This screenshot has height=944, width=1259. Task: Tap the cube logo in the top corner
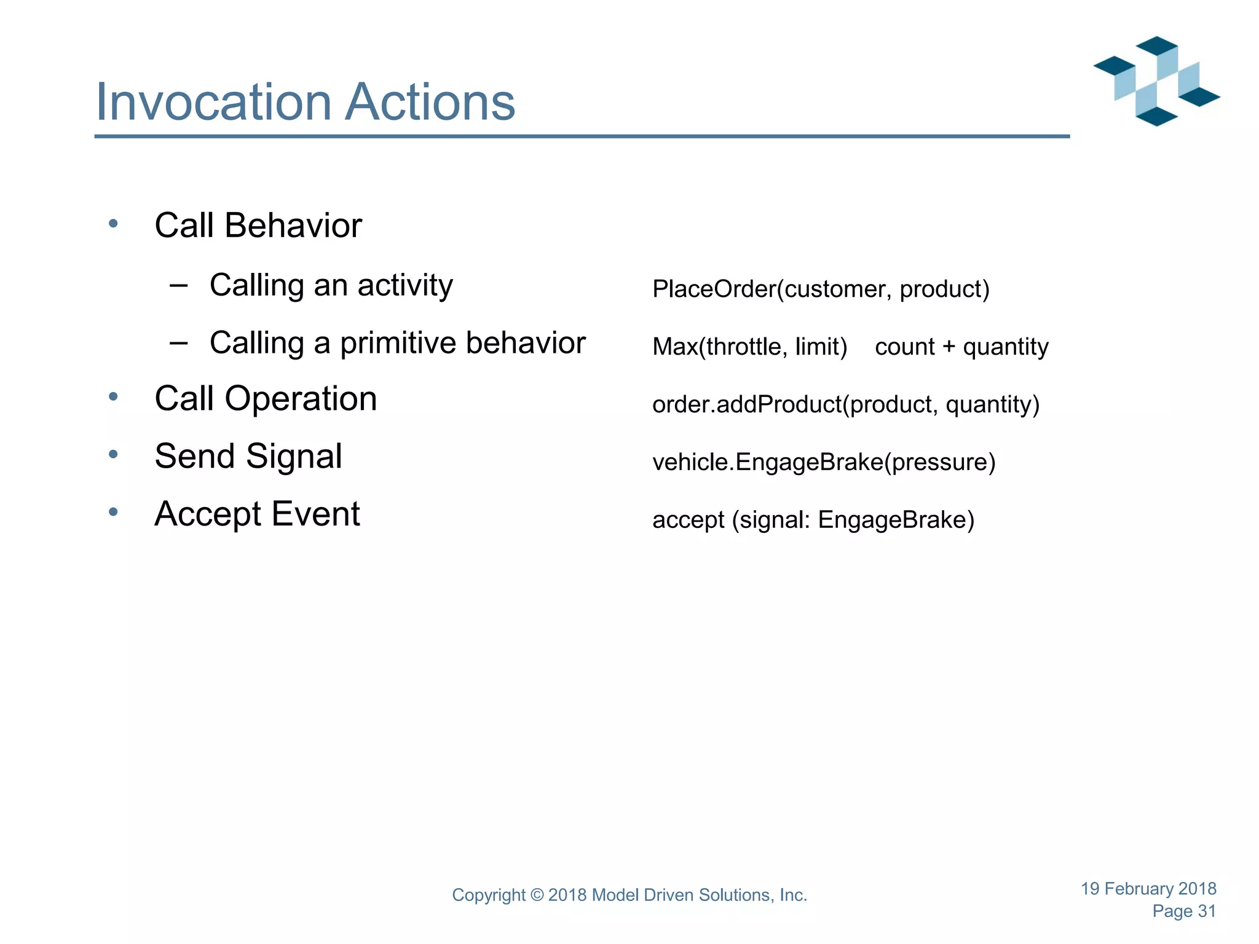(x=1156, y=81)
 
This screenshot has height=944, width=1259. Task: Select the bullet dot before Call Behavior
(x=113, y=224)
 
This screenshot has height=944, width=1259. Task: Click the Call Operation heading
(x=266, y=398)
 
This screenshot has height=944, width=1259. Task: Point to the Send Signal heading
(x=248, y=456)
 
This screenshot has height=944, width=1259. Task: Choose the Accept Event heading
(x=257, y=514)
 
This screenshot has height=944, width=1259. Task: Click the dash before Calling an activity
(x=178, y=285)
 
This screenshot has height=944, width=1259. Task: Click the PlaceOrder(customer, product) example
(x=821, y=289)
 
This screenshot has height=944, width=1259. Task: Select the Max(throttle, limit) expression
(x=749, y=347)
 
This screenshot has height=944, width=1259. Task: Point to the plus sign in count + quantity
(x=949, y=347)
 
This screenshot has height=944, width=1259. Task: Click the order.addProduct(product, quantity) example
(x=845, y=404)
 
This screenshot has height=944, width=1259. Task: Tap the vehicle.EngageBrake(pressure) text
(x=823, y=462)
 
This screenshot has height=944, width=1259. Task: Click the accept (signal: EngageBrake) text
(x=813, y=520)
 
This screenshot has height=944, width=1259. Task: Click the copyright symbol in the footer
(x=537, y=895)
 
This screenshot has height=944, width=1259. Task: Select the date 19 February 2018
(x=1148, y=889)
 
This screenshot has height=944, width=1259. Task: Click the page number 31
(x=1206, y=911)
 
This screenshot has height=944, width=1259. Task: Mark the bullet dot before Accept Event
(x=113, y=512)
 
